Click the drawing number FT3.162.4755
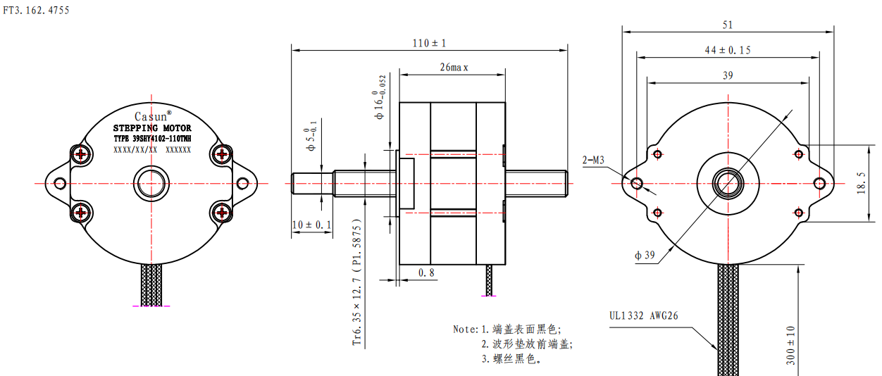pyautogui.click(x=36, y=11)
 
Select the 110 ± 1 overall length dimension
pyautogui.click(x=430, y=43)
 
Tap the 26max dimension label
pyautogui.click(x=454, y=68)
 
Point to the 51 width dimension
pyautogui.click(x=728, y=25)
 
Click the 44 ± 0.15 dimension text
pyautogui.click(x=728, y=50)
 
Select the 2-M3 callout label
pyautogui.click(x=594, y=160)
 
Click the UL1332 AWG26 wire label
pyautogui.click(x=644, y=315)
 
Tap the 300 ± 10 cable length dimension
pyautogui.click(x=790, y=345)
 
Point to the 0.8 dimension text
pyautogui.click(x=426, y=272)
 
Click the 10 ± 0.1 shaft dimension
pyautogui.click(x=311, y=225)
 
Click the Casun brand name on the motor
pyautogui.click(x=151, y=116)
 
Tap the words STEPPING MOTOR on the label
pyautogui.click(x=152, y=129)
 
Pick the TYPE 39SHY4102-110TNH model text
pyautogui.click(x=152, y=139)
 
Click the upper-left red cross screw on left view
pyautogui.click(x=82, y=153)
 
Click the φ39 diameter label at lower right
pyautogui.click(x=645, y=256)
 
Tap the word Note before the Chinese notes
pyautogui.click(x=465, y=329)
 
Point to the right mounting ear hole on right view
pyautogui.click(x=819, y=183)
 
